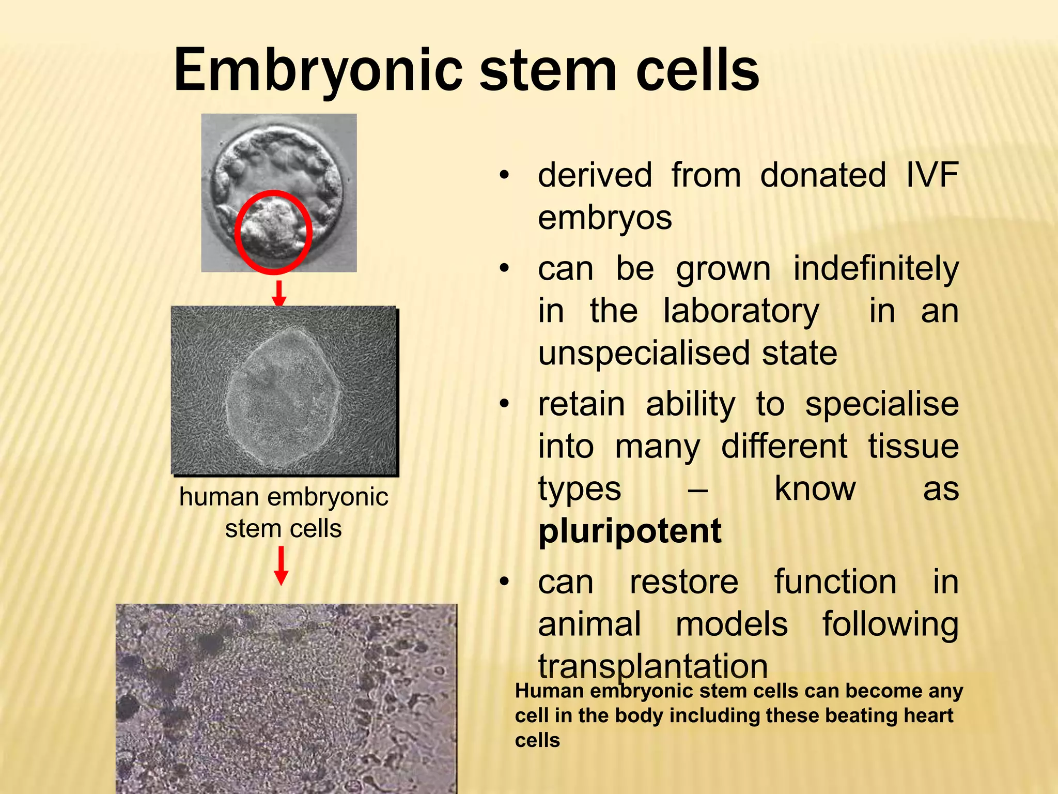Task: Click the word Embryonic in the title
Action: [318, 70]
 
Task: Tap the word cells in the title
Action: [697, 70]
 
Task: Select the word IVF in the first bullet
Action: [932, 175]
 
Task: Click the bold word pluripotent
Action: [629, 531]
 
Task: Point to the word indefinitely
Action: [876, 269]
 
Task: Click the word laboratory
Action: [741, 311]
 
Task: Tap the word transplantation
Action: [653, 666]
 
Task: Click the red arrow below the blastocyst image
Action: [279, 294]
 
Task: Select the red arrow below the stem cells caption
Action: [281, 566]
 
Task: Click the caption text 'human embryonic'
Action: [284, 497]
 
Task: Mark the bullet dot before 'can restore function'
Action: [504, 583]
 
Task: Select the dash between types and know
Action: [697, 489]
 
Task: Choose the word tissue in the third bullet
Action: [913, 446]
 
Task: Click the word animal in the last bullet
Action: [589, 624]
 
